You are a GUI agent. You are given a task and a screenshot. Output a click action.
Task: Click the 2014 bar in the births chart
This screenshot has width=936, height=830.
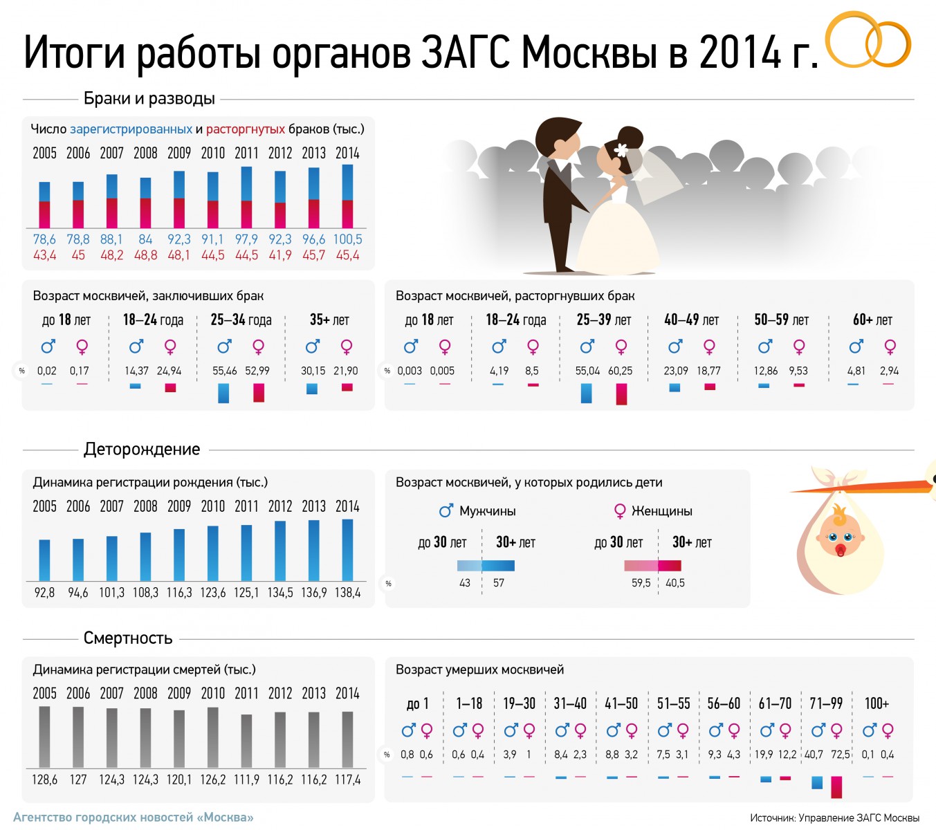347,550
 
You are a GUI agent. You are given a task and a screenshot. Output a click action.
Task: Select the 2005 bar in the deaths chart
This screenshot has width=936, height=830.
44,737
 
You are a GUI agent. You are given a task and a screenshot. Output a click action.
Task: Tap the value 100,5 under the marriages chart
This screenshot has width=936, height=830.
347,239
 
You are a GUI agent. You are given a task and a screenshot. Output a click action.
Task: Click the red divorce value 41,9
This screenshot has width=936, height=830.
280,255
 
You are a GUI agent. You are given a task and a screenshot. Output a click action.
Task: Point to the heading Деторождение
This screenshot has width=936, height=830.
142,450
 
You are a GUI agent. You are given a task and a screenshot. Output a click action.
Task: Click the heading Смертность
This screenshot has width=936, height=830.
128,638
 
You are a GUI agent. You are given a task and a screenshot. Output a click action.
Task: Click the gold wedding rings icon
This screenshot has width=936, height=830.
869,41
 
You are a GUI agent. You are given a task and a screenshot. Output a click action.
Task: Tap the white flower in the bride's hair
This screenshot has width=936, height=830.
621,149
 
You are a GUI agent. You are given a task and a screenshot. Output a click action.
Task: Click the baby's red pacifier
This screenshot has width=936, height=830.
841,551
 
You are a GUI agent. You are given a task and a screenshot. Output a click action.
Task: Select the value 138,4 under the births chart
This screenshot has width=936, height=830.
347,593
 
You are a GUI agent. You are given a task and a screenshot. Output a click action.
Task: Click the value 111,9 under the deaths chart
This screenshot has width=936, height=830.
246,780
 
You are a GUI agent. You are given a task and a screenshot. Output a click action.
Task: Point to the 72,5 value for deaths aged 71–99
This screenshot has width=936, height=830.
840,755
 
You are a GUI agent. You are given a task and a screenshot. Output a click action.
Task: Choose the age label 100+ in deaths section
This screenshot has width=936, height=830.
877,703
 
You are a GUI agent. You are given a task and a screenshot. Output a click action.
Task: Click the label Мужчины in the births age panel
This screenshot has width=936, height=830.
487,511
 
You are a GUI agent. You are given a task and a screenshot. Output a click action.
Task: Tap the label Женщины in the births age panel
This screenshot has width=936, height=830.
661,511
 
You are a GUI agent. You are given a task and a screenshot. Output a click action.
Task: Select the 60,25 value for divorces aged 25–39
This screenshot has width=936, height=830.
620,371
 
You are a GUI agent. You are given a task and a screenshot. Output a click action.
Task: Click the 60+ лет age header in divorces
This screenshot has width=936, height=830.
872,320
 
